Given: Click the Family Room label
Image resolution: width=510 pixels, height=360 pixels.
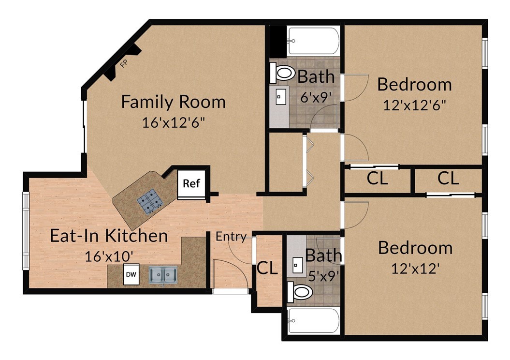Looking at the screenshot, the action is click(x=174, y=102).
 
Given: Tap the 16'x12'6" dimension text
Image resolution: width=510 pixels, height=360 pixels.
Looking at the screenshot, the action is click(x=174, y=123).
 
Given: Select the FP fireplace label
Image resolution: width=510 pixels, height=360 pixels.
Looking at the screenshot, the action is click(x=123, y=64).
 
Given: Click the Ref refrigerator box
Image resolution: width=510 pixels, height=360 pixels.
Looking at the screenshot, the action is click(x=191, y=183).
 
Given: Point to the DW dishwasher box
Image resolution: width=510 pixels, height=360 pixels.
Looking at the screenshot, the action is click(x=131, y=274).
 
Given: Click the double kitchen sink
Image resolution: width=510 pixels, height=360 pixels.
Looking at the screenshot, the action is click(x=163, y=275).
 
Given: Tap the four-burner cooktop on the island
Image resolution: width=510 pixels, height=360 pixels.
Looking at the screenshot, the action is click(x=150, y=202).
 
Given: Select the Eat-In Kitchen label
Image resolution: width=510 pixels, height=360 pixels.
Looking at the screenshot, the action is click(x=109, y=236).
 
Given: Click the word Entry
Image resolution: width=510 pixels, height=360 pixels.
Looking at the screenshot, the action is click(x=231, y=237).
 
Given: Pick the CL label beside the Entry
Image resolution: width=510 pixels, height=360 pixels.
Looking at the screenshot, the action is click(x=267, y=268).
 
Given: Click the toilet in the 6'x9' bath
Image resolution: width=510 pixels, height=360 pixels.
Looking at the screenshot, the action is click(x=282, y=74).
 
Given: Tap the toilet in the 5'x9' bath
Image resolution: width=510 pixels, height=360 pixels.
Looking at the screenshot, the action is click(x=300, y=292).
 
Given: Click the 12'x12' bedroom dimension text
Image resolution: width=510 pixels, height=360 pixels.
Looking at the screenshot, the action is click(x=415, y=269).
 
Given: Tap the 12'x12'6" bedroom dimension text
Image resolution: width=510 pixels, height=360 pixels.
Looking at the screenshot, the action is click(x=414, y=105).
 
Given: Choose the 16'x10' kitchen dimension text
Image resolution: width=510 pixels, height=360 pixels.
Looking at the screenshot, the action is click(x=109, y=257).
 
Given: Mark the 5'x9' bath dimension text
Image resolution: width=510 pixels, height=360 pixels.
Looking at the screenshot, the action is click(x=323, y=277).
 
